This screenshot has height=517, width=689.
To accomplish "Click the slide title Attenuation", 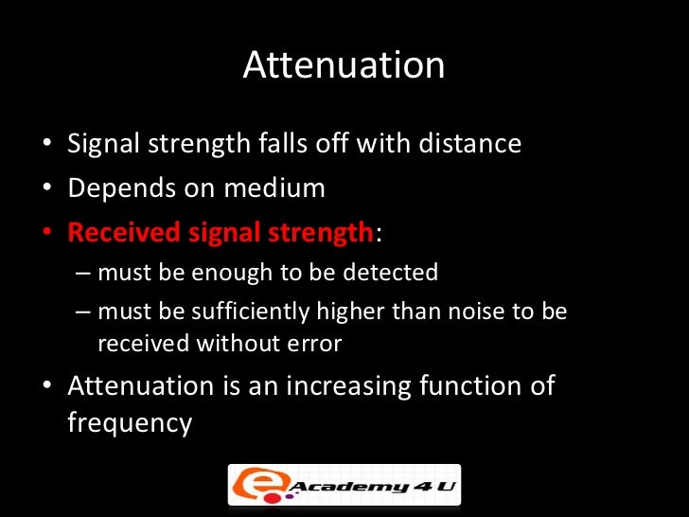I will click(x=344, y=65).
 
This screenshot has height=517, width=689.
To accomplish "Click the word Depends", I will click(x=117, y=187).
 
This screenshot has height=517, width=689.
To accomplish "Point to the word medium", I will click(x=274, y=187).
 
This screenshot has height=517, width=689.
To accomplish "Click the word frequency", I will click(x=130, y=422).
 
